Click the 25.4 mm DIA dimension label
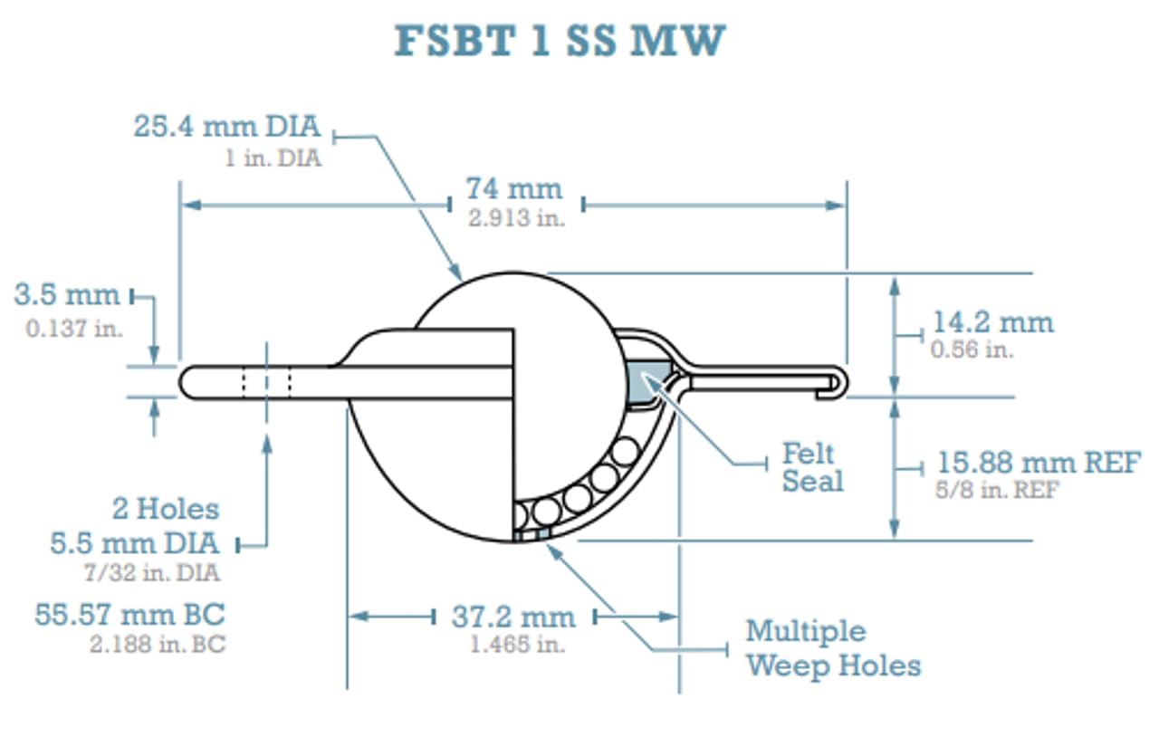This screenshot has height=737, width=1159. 227,126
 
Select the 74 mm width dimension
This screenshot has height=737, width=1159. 513,189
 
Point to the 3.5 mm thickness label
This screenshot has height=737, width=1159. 67,295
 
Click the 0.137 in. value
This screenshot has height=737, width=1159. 73,328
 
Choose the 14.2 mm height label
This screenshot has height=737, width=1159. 992,322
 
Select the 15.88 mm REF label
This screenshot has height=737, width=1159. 1038,464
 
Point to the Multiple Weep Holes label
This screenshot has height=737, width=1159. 833,648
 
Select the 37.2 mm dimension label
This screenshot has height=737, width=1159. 512,617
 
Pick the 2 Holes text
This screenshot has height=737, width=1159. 166,509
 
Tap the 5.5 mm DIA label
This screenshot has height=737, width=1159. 135,543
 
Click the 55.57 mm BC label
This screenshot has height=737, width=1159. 129,615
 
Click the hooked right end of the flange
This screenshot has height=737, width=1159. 840,381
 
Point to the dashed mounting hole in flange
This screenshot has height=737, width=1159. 266,381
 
